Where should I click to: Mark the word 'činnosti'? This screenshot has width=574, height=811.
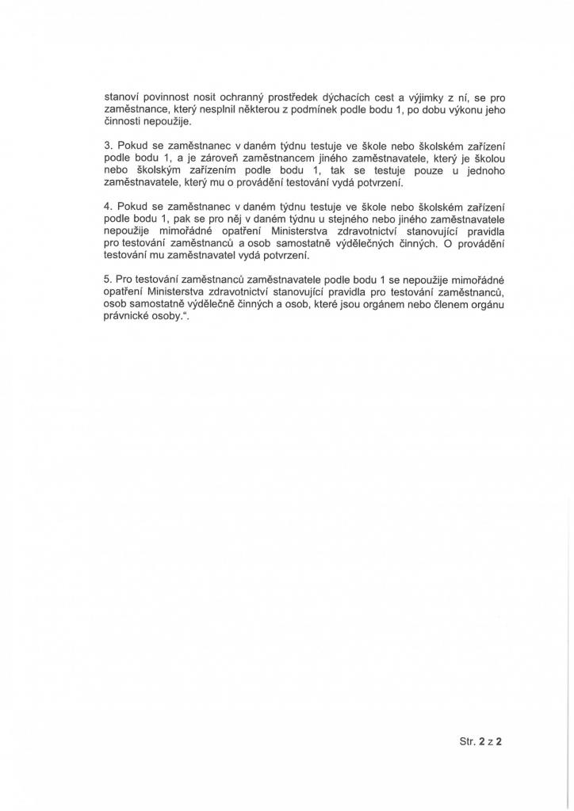coord(125,122)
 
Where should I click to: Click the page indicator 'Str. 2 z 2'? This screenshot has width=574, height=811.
coord(482,742)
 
